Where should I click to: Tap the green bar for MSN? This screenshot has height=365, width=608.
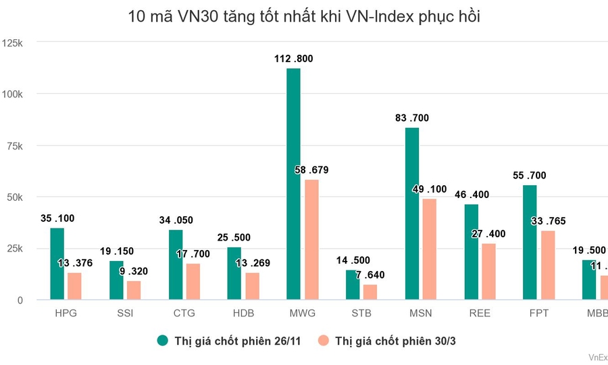point(411,214)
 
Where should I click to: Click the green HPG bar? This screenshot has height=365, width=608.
point(57,264)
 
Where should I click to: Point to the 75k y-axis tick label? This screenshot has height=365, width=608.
point(14,146)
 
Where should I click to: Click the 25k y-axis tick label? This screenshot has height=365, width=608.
point(14,249)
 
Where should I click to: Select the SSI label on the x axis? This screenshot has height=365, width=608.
point(126,314)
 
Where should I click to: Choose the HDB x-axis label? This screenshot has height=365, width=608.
point(243,314)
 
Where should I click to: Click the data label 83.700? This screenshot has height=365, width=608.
point(412,118)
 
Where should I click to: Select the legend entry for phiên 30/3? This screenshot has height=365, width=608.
point(391,341)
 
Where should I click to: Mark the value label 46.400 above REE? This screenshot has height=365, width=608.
point(471,195)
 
